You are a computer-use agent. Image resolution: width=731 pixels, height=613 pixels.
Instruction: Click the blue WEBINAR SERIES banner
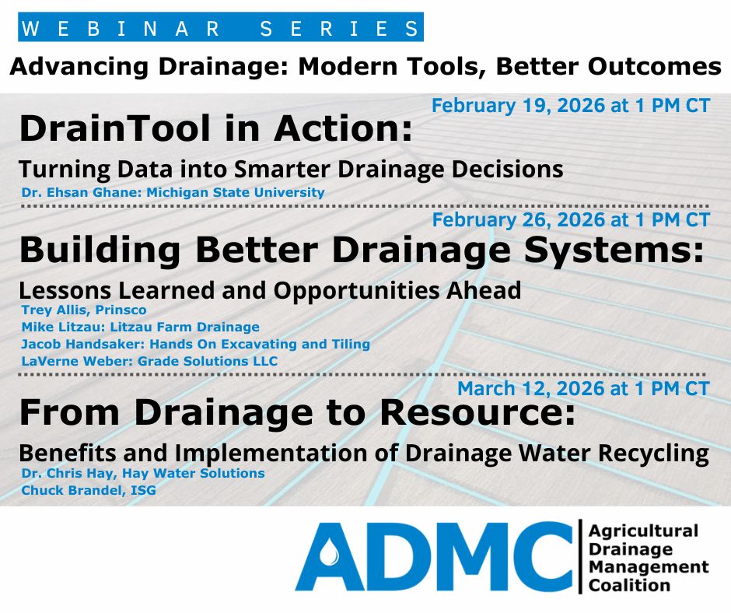(x=221, y=28)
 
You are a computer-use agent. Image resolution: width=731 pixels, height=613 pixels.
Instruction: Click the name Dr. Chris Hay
(x=66, y=473)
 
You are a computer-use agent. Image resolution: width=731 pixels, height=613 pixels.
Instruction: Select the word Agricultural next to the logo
(x=643, y=531)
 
